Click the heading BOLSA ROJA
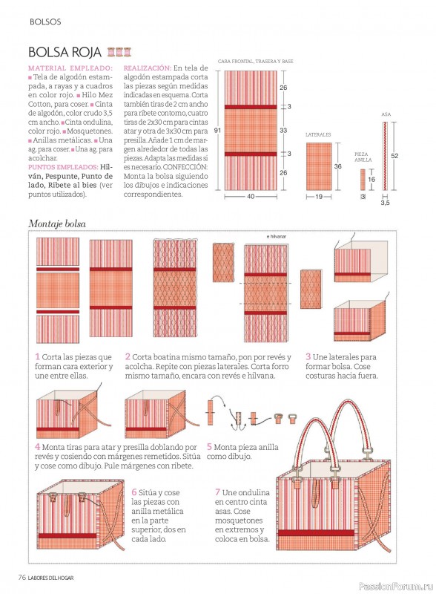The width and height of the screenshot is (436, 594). pyautogui.click(x=65, y=52)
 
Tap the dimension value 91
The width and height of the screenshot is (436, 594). pyautogui.click(x=217, y=131)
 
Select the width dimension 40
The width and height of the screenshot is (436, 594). pyautogui.click(x=251, y=197)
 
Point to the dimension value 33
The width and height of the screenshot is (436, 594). pyautogui.click(x=283, y=131)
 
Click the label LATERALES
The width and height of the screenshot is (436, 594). pyautogui.click(x=318, y=134)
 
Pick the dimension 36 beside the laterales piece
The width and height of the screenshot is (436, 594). pyautogui.click(x=338, y=166)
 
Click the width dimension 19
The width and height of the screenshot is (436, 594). pyautogui.click(x=319, y=197)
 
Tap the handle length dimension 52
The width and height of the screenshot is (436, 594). pyautogui.click(x=394, y=156)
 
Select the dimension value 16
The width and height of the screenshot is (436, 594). pyautogui.click(x=371, y=179)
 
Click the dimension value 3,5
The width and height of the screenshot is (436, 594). pyautogui.click(x=385, y=203)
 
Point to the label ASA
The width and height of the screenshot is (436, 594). pyautogui.click(x=386, y=114)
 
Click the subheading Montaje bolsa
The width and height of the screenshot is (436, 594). pyautogui.click(x=57, y=224)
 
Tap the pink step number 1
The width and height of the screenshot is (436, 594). pyautogui.click(x=38, y=356)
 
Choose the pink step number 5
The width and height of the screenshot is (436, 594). pyautogui.click(x=209, y=447)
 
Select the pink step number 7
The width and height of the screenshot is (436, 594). pyautogui.click(x=217, y=492)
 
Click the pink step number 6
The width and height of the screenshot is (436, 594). pyautogui.click(x=134, y=492)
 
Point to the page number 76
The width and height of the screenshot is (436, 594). pyautogui.click(x=22, y=578)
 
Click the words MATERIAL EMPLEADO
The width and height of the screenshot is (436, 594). pyautogui.click(x=70, y=68)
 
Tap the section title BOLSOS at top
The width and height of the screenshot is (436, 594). pyautogui.click(x=45, y=22)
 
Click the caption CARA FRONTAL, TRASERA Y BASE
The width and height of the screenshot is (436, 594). pyautogui.click(x=256, y=61)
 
